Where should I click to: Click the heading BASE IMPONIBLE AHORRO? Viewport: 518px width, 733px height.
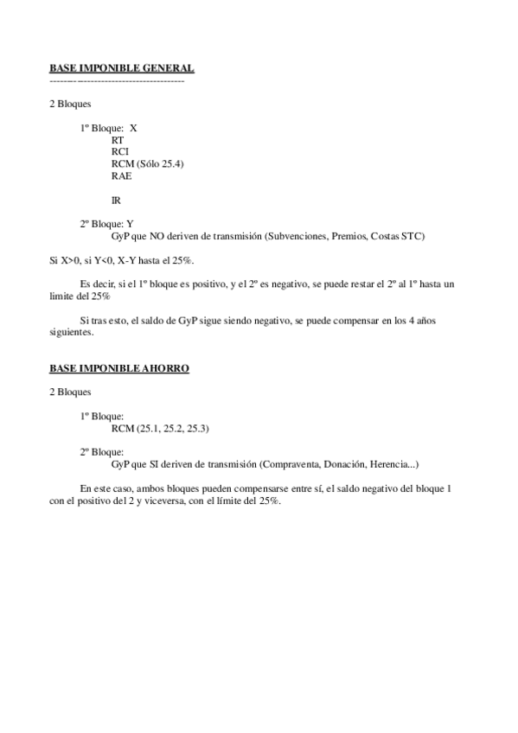tap(119, 368)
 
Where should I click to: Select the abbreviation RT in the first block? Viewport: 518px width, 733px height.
tap(118, 139)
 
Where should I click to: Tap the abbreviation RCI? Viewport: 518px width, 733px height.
tap(120, 151)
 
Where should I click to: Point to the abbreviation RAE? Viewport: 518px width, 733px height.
tap(122, 175)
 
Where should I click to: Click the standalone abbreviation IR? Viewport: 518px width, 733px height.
tap(117, 200)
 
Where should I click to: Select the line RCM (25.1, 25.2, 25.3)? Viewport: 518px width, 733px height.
tap(161, 428)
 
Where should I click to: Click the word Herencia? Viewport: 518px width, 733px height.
tap(391, 464)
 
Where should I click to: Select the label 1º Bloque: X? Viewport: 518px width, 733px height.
tap(108, 127)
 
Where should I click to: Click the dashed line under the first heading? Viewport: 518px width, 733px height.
tap(117, 80)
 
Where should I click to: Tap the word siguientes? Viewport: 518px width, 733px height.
tap(70, 332)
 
